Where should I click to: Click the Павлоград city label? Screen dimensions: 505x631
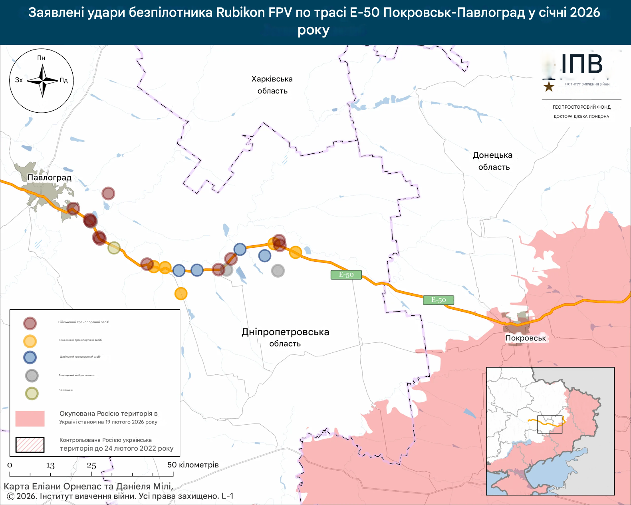coord(50,177)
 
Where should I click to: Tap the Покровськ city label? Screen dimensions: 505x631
coord(526,338)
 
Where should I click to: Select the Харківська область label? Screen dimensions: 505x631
coord(272,85)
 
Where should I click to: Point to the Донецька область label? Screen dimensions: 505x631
coord(493,161)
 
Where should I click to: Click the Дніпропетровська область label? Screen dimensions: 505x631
coord(285,337)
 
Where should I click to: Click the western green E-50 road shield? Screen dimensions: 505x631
coord(346,274)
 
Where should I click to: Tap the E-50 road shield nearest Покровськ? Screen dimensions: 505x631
coord(439,300)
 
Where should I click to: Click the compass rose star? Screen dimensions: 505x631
coord(42,81)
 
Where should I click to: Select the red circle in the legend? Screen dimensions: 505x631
coord(30,323)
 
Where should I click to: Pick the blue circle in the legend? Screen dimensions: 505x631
coord(30,357)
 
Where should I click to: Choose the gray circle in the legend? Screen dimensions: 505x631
coord(32,376)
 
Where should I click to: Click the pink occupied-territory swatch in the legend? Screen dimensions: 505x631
coord(30,418)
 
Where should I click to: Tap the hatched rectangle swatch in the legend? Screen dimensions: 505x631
coord(30,445)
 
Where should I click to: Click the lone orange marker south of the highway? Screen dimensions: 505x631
coord(181,294)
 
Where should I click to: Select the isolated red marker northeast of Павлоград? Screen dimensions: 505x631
coord(108,193)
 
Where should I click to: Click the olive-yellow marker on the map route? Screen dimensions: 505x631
coord(114,248)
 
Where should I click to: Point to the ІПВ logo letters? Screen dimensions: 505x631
coord(581,64)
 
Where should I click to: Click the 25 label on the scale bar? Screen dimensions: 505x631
coord(91,465)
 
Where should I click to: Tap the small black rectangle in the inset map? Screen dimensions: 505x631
coord(550,424)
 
